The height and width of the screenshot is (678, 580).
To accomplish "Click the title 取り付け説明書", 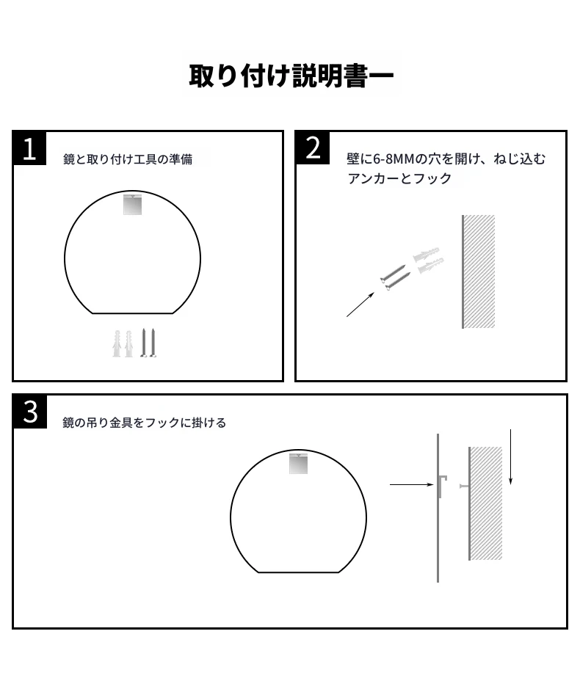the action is click(x=278, y=76).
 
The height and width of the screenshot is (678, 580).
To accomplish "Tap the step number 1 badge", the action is click(x=29, y=149).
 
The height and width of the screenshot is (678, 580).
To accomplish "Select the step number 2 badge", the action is click(x=313, y=148).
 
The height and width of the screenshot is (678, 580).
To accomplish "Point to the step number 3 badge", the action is click(x=30, y=412).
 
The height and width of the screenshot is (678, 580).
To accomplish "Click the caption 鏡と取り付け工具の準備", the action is click(x=128, y=159).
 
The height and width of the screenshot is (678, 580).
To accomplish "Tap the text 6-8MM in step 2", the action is click(x=394, y=159).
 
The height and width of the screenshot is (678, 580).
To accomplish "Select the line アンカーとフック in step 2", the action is click(x=399, y=178).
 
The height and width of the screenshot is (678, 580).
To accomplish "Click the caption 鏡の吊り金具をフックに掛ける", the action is click(x=144, y=423).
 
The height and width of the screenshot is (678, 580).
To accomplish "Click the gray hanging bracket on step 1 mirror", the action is click(x=132, y=205).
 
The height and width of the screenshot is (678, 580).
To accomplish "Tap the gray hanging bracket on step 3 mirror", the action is click(x=298, y=464).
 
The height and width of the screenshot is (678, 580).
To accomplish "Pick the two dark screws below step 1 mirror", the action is click(x=148, y=343).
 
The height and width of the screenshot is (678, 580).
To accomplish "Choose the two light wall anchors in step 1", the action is click(x=123, y=343).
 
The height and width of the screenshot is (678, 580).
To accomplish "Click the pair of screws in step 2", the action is click(x=395, y=277).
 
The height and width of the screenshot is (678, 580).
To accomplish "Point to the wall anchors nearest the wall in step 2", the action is click(x=428, y=260).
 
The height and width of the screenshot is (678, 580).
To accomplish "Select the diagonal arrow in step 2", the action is click(x=360, y=305).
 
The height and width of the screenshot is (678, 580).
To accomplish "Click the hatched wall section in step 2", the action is click(x=479, y=271).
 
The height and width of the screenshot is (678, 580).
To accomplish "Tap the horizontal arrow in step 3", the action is click(x=411, y=485).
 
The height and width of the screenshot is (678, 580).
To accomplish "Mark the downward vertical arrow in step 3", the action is click(x=511, y=457).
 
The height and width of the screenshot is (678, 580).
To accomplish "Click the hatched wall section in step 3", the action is click(x=485, y=503).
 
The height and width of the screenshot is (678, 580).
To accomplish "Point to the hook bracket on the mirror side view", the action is click(x=442, y=486).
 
